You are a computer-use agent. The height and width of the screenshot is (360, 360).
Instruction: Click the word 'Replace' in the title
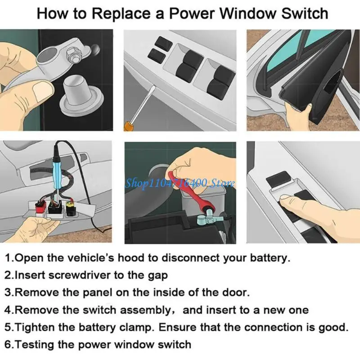click(117, 14)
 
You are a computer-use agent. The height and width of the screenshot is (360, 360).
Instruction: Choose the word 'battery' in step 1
click(268, 258)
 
